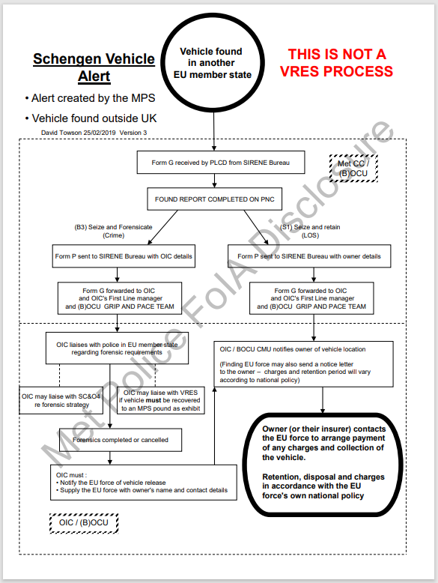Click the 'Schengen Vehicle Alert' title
pyautogui.click(x=94, y=67)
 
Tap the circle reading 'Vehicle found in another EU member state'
pyautogui.click(x=213, y=62)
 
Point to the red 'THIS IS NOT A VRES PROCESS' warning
pyautogui.click(x=336, y=62)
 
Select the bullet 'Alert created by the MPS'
pyautogui.click(x=90, y=98)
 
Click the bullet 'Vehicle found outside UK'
pyautogui.click(x=91, y=118)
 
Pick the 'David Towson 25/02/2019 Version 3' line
pyautogui.click(x=94, y=133)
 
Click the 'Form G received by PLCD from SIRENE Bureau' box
pyautogui.click(x=221, y=163)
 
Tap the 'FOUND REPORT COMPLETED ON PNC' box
pyautogui.click(x=214, y=199)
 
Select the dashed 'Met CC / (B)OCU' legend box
pyautogui.click(x=353, y=169)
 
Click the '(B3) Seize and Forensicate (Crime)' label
pyautogui.click(x=113, y=231)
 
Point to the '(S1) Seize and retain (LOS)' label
pyautogui.click(x=310, y=231)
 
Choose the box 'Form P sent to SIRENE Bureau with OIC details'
pyautogui.click(x=124, y=256)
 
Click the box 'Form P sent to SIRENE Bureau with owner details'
pyautogui.click(x=309, y=256)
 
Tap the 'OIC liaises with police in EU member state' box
pyautogui.click(x=117, y=348)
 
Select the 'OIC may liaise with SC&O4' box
pyautogui.click(x=61, y=400)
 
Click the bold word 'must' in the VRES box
pyautogui.click(x=153, y=400)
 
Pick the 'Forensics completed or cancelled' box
pyautogui.click(x=121, y=440)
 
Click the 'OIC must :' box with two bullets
pyautogui.click(x=144, y=483)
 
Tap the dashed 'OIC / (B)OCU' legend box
pyautogui.click(x=84, y=523)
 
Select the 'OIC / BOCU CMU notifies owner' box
pyautogui.click(x=303, y=364)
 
